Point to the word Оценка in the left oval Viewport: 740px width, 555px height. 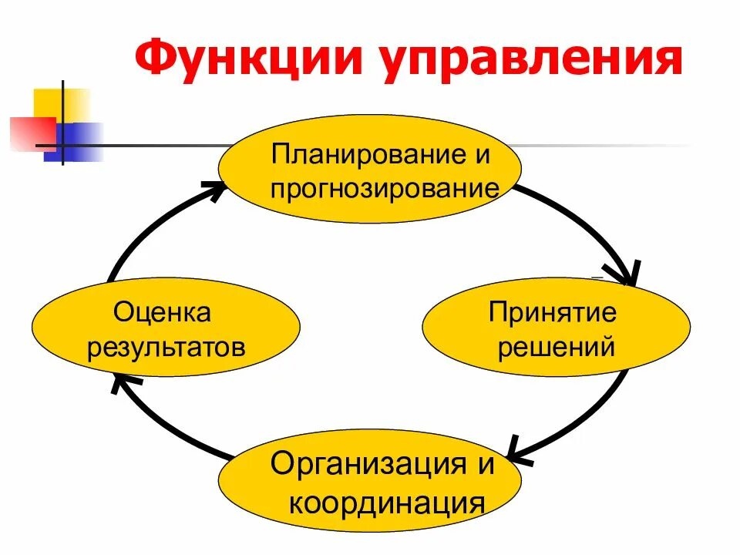tap(162, 312)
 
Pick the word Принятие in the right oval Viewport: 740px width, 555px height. tap(553, 312)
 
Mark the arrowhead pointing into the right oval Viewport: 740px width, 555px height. tap(627, 274)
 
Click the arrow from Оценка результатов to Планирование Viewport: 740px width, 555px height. tap(146, 231)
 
